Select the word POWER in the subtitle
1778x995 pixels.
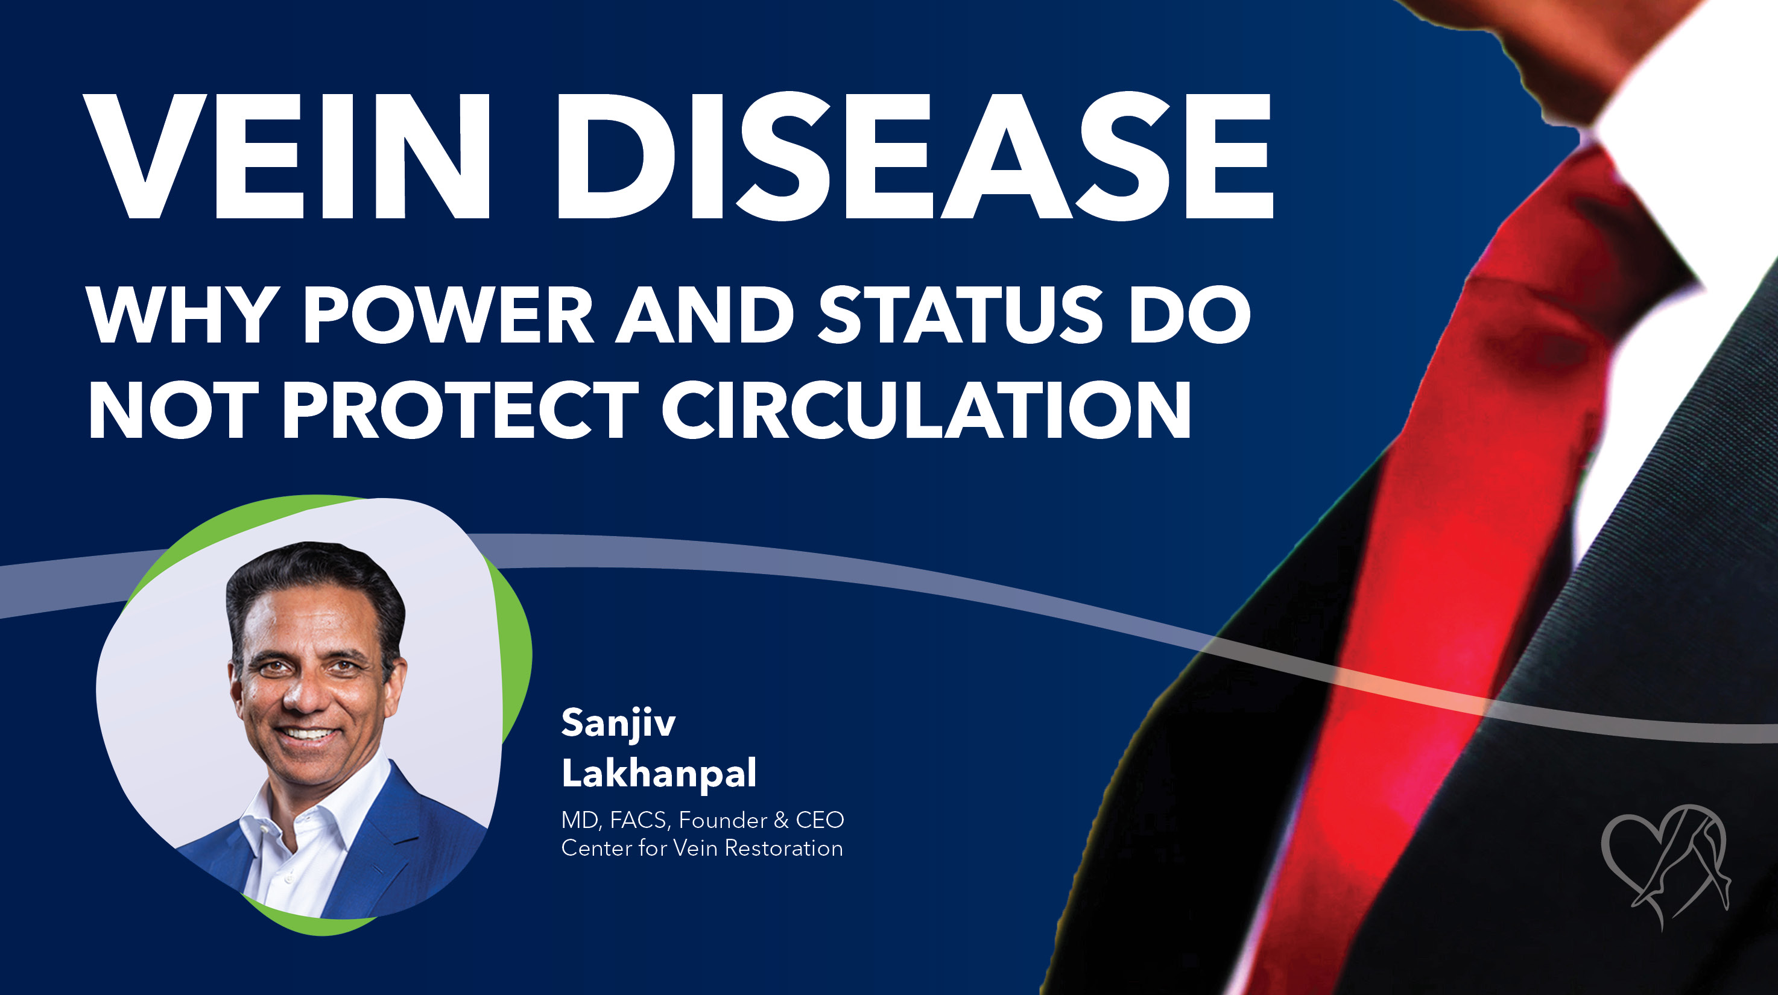pos(449,315)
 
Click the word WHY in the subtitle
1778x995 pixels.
pos(181,315)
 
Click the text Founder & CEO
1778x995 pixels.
pos(761,821)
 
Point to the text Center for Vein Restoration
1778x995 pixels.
pos(702,848)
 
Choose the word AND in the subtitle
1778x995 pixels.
pos(704,315)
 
